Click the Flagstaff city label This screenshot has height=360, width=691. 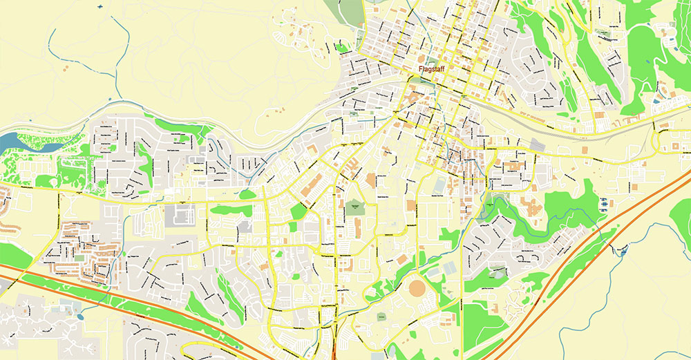(x=434, y=70)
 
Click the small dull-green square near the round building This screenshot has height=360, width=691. (x=381, y=315)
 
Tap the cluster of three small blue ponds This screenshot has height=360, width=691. (x=606, y=204)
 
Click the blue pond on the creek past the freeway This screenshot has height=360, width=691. (x=624, y=253)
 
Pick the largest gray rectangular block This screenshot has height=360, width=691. (x=178, y=215)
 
